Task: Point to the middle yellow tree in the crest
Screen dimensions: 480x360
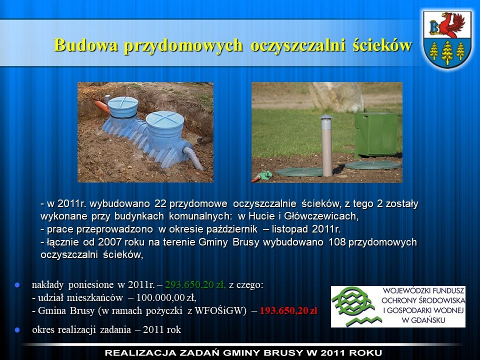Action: coord(447,52)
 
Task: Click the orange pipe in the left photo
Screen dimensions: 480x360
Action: coord(102,106)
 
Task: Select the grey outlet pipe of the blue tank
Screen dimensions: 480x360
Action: coord(193,157)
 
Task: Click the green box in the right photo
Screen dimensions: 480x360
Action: coord(376,134)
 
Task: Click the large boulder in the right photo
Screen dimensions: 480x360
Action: coord(336,96)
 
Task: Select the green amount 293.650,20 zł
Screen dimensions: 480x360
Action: coord(195,284)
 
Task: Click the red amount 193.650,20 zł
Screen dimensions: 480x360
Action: coord(288,310)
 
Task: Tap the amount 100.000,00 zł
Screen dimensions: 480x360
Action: coord(166,297)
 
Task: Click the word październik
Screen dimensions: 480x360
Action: coord(233,229)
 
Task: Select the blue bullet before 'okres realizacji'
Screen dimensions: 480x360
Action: coord(17,330)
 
